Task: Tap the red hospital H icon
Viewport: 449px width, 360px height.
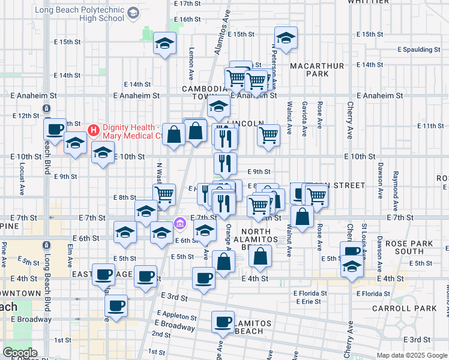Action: (x=93, y=130)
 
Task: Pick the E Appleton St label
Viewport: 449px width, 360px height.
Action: (x=176, y=316)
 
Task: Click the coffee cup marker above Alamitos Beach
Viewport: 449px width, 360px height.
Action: (x=223, y=322)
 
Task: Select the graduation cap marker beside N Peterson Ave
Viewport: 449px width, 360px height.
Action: (x=286, y=38)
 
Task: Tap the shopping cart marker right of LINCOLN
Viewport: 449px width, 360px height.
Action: (x=268, y=134)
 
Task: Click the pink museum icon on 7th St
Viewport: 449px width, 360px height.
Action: (x=179, y=224)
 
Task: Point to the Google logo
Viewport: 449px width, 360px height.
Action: (x=20, y=353)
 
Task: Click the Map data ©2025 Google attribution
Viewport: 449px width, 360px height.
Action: (x=412, y=355)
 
